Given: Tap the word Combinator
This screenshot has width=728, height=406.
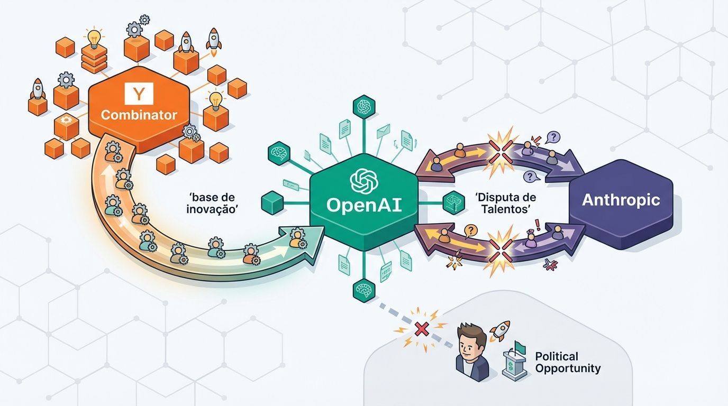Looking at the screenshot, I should pyautogui.click(x=139, y=115).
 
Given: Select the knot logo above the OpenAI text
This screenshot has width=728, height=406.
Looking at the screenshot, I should pyautogui.click(x=363, y=181).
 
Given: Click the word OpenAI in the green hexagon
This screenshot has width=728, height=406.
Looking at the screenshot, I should pyautogui.click(x=364, y=205).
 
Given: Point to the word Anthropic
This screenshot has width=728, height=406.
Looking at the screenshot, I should pyautogui.click(x=621, y=200).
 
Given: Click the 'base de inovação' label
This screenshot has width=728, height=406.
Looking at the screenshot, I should pyautogui.click(x=212, y=202).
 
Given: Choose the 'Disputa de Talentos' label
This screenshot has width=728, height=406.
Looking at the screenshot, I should pyautogui.click(x=506, y=203).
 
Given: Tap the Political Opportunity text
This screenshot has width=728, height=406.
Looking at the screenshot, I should pyautogui.click(x=568, y=362).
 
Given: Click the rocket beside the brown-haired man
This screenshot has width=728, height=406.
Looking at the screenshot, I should pyautogui.click(x=499, y=330).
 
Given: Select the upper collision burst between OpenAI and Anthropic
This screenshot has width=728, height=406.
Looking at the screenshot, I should pyautogui.click(x=501, y=144).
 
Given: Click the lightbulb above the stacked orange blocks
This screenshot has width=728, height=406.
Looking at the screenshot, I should pyautogui.click(x=94, y=38).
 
